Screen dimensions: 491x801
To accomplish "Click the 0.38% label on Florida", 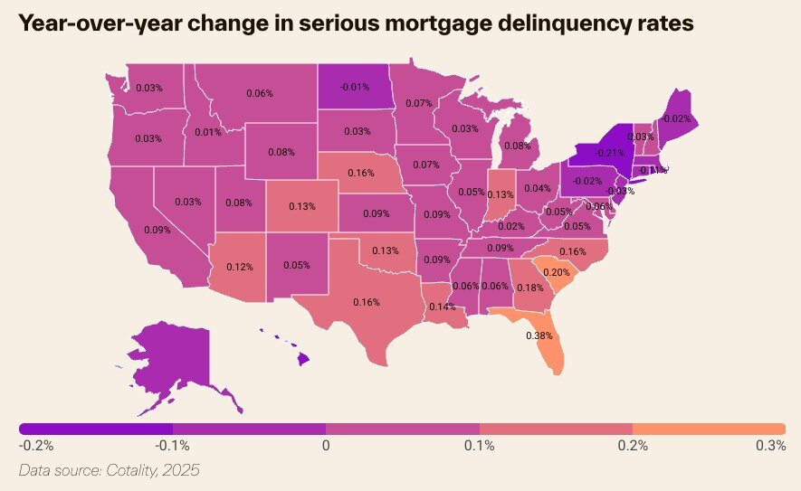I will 539,335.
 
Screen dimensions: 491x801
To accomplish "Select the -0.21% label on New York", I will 610,153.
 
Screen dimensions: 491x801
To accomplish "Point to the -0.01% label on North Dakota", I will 355,87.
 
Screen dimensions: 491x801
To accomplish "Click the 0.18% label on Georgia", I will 529,288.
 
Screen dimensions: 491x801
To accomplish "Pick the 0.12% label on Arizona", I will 239,267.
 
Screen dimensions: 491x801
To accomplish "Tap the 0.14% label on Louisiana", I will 442,307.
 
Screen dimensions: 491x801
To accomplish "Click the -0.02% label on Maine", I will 677,118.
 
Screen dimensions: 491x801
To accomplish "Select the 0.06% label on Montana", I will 259,93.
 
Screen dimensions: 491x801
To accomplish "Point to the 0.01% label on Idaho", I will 207,133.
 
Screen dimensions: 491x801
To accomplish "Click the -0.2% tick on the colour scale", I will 36,445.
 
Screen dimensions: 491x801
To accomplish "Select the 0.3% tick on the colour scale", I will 770,445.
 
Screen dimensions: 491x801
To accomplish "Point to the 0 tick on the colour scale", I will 326,445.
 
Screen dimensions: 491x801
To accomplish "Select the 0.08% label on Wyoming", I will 281,152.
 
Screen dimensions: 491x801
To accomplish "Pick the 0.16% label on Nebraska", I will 360,172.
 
